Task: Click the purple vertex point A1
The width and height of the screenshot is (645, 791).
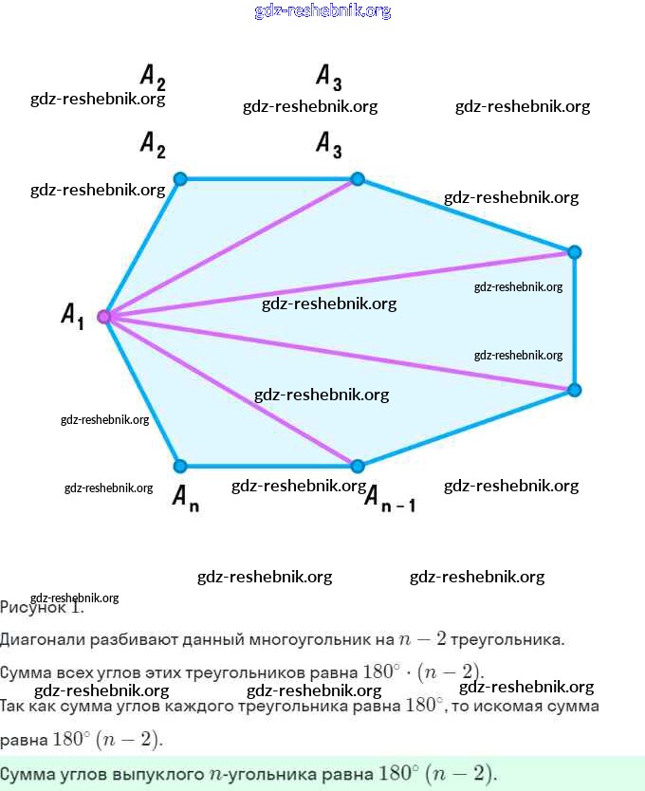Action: pyautogui.click(x=104, y=317)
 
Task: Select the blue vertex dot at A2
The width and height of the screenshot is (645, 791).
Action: pyautogui.click(x=180, y=178)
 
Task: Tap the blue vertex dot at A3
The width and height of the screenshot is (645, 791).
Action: pyautogui.click(x=358, y=178)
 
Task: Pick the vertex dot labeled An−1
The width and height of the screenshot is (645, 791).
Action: pyautogui.click(x=358, y=466)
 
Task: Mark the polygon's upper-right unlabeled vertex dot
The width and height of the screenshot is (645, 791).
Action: pyautogui.click(x=574, y=251)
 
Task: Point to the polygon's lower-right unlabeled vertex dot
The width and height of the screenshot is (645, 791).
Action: pyautogui.click(x=574, y=390)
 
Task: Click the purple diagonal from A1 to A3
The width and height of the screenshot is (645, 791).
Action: pyautogui.click(x=231, y=248)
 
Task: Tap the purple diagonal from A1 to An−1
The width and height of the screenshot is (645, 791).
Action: pyautogui.click(x=231, y=391)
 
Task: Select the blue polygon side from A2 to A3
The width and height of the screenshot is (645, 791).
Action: pyautogui.click(x=268, y=178)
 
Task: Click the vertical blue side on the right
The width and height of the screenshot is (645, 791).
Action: pyautogui.click(x=574, y=321)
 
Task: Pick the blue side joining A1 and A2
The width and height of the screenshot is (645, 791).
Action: pyautogui.click(x=142, y=248)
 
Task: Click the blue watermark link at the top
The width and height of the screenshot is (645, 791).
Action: pyautogui.click(x=322, y=11)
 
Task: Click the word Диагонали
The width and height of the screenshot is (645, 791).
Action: pyautogui.click(x=39, y=639)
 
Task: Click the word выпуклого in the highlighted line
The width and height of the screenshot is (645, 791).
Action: pyautogui.click(x=162, y=774)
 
